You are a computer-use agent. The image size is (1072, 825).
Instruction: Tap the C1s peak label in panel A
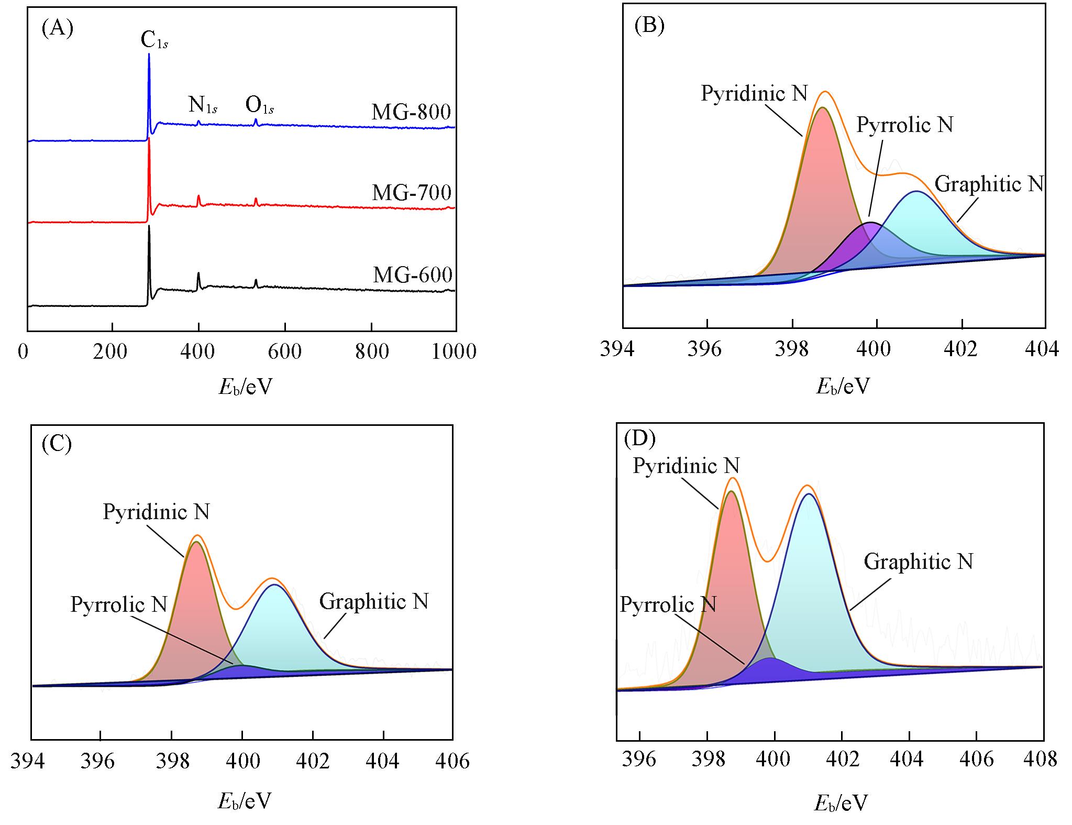[x=154, y=41]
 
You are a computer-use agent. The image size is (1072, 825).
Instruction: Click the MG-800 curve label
[x=412, y=112]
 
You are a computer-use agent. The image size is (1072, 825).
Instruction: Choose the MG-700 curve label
[x=412, y=193]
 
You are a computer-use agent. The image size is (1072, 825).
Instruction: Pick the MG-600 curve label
[x=413, y=275]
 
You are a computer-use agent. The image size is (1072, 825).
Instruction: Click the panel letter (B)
[x=649, y=25]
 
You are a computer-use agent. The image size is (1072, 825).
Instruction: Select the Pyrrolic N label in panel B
[x=904, y=125]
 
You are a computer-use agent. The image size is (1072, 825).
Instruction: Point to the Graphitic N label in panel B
[x=989, y=184]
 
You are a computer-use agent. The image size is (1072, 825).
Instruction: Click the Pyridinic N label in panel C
[x=156, y=512]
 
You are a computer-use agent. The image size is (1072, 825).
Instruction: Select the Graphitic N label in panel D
[x=918, y=562]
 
